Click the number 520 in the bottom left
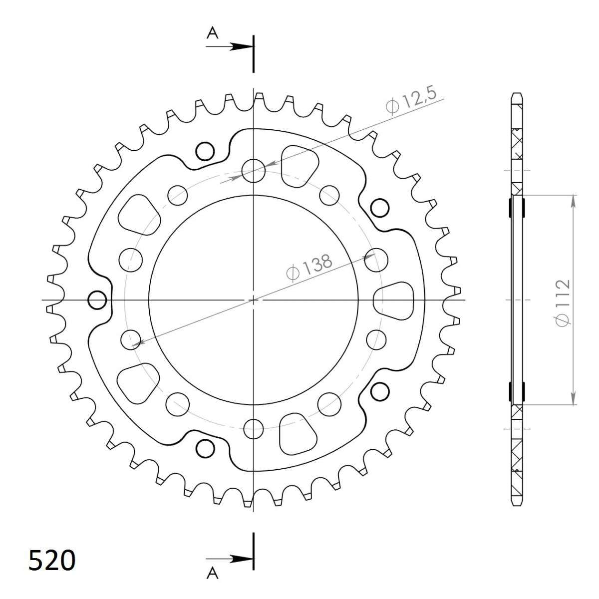click(52, 560)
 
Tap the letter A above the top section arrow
click(213, 33)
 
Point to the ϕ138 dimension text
click(308, 268)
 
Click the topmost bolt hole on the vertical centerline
click(254, 171)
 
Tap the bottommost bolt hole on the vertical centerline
click(254, 427)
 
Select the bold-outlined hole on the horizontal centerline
click(97, 300)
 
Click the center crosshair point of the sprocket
click(254, 300)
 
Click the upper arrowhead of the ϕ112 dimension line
click(574, 200)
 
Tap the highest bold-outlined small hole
click(205, 150)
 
